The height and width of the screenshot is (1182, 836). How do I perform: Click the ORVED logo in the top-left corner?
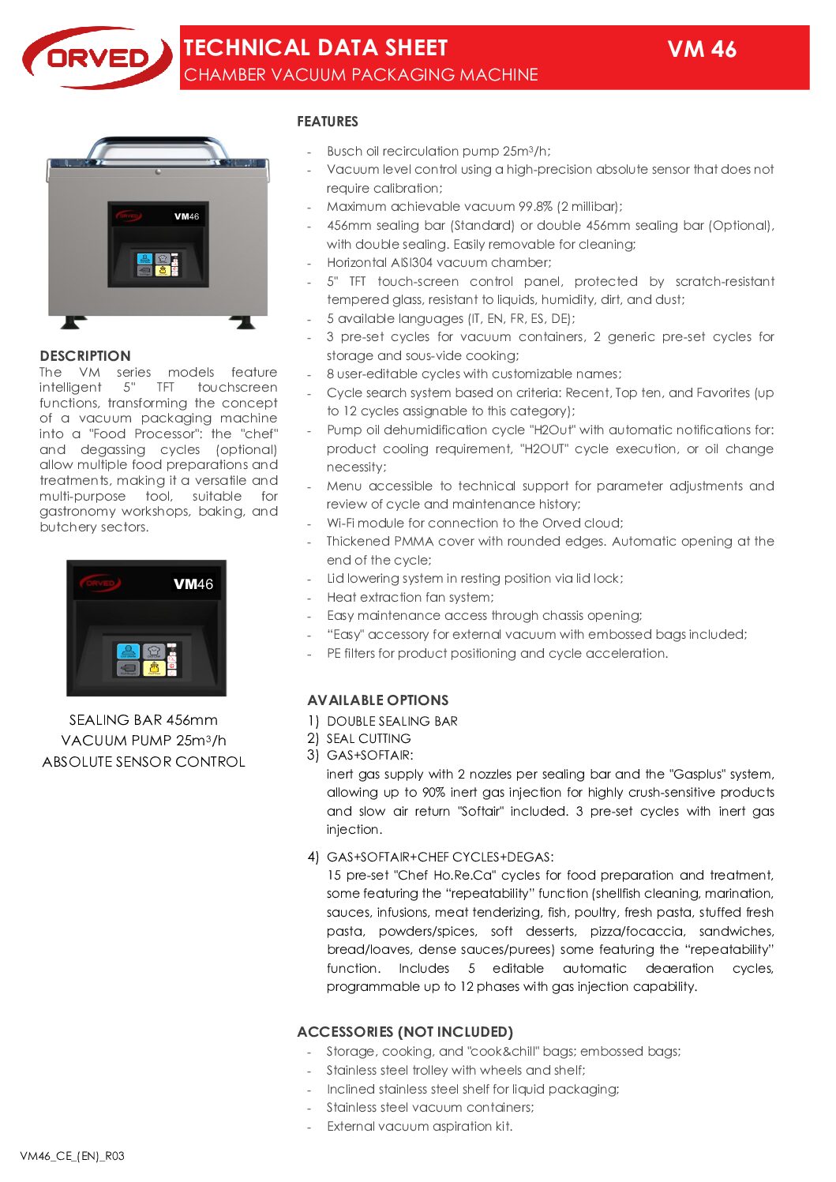point(96,58)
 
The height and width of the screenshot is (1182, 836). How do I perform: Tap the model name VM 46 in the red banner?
point(701,50)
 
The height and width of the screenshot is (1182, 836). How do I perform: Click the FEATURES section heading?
point(328,122)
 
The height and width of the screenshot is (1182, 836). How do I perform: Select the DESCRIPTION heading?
point(85,356)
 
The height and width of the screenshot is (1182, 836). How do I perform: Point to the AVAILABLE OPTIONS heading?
point(377,700)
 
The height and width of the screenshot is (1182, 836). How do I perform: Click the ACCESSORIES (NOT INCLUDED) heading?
point(405,1032)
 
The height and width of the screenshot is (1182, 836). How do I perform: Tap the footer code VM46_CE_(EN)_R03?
point(72,1156)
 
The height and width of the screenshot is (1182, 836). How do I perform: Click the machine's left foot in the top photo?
point(73,322)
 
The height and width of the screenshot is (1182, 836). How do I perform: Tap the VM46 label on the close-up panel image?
point(193,584)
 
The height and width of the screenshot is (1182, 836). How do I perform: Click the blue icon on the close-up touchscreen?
point(128,651)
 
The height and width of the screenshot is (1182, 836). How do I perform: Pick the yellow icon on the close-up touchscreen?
point(154,669)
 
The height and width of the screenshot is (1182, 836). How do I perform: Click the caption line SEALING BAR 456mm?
point(143,720)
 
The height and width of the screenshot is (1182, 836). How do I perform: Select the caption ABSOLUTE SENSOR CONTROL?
point(144,762)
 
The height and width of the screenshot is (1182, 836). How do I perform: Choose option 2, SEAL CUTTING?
point(369,739)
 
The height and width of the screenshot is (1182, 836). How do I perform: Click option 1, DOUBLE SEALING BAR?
point(392,722)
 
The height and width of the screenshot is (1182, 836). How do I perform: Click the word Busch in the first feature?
point(345,151)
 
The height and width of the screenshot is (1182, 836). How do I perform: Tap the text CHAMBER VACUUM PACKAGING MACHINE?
point(361,75)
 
